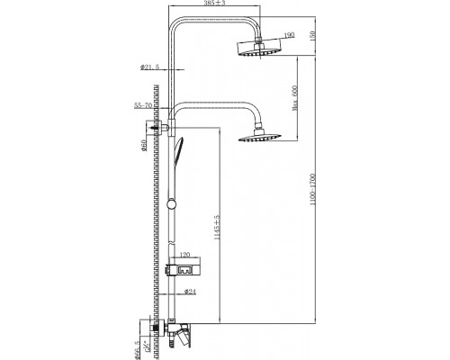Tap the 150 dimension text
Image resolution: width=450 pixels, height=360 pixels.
(x=312, y=33)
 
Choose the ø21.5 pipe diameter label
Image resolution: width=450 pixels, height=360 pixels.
(x=149, y=67)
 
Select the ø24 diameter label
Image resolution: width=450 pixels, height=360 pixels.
(x=190, y=290)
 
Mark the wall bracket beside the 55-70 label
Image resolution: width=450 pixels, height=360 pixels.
(x=162, y=130)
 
